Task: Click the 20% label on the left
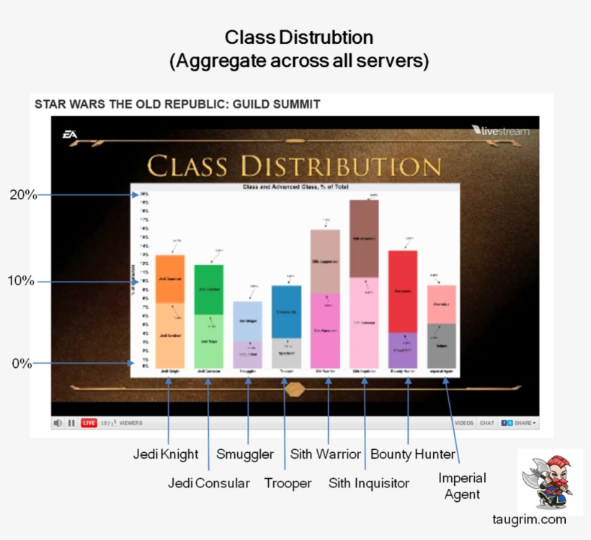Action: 22,194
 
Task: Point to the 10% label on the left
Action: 22,281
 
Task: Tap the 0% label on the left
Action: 22,364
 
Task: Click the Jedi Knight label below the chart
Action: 165,454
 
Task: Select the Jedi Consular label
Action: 209,483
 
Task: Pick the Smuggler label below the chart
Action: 245,454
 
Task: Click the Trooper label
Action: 288,483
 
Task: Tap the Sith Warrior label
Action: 325,454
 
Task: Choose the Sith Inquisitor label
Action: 368,483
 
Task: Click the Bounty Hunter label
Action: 413,454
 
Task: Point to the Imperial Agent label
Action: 462,486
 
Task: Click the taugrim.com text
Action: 529,520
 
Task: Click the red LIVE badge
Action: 89,423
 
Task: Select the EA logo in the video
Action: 70,134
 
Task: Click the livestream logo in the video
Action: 500,131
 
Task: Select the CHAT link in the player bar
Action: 487,423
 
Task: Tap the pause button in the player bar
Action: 71,423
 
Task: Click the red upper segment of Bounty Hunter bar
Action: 403,291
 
